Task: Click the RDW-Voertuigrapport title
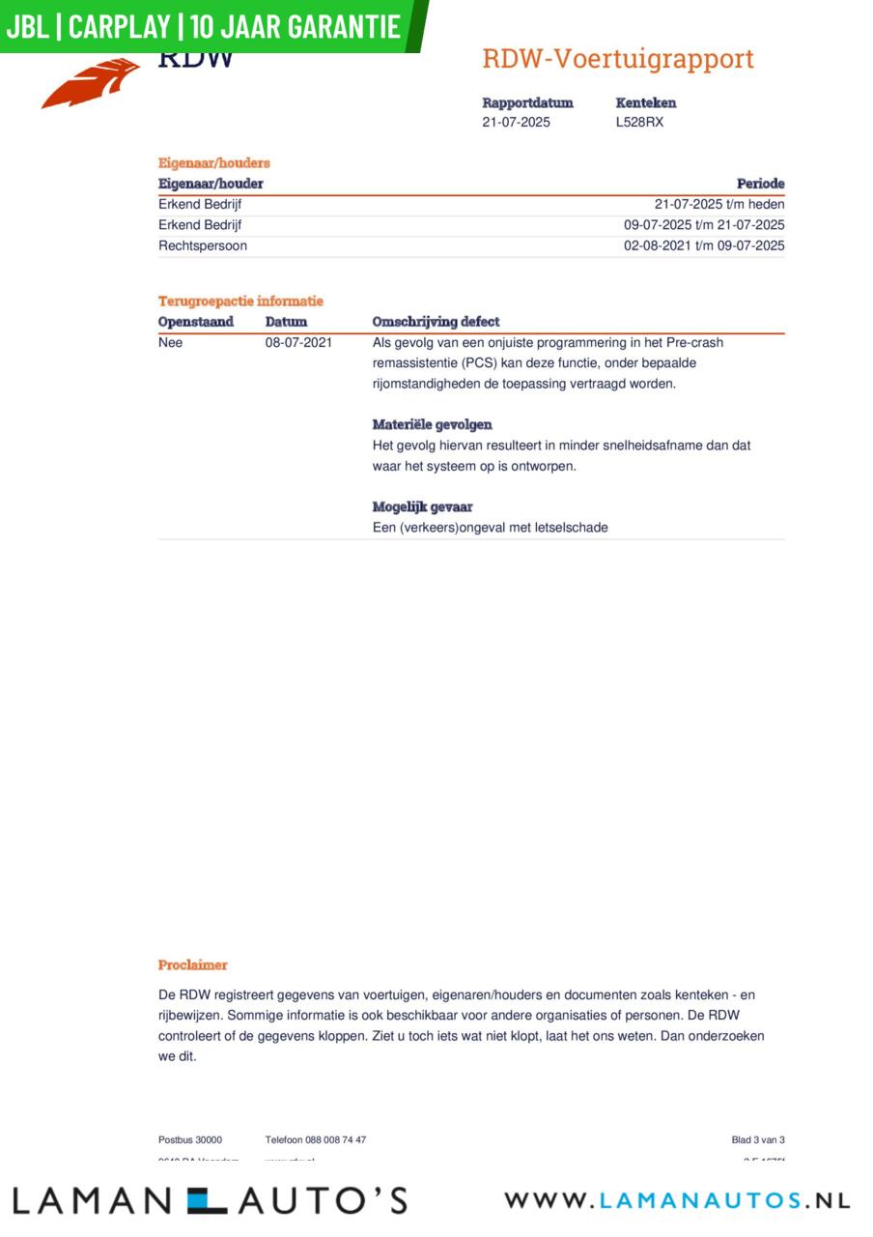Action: [617, 59]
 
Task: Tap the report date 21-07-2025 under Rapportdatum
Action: [516, 123]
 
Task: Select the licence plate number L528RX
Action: [639, 123]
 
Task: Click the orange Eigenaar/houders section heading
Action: [213, 163]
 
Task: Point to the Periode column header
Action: [760, 184]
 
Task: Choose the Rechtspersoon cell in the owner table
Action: [202, 245]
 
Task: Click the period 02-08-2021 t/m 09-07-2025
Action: [703, 245]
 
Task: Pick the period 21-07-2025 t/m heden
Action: [718, 204]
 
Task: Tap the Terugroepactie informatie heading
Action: [240, 302]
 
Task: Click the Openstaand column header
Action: [195, 322]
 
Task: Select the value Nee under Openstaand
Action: [170, 342]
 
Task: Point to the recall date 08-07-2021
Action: [298, 342]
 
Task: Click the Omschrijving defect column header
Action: [436, 322]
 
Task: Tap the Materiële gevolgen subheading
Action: [432, 424]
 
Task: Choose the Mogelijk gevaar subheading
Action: [422, 506]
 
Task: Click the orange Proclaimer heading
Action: [192, 964]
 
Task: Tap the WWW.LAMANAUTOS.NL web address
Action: [676, 1200]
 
